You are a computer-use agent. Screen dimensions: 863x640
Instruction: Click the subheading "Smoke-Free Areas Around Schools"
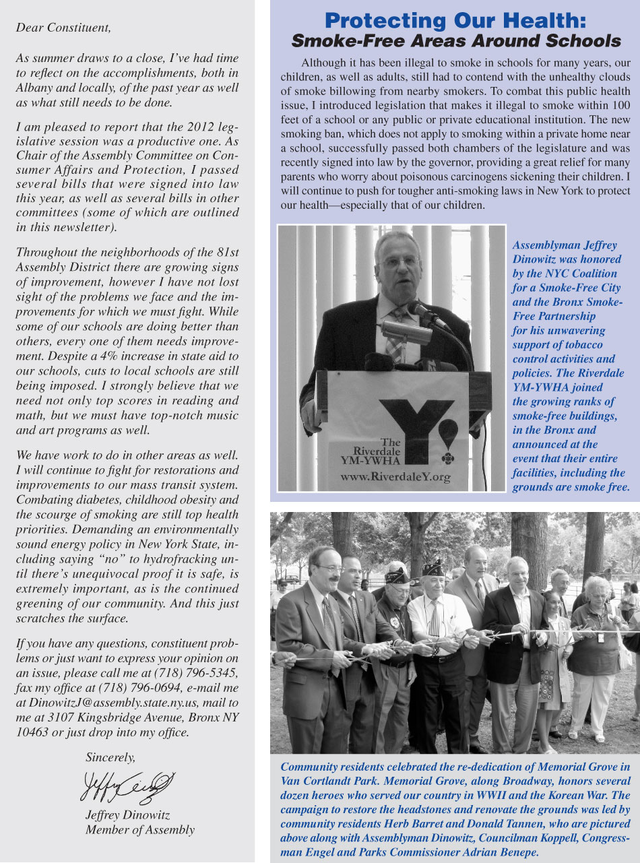tap(455, 40)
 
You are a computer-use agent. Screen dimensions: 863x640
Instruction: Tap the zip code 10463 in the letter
tap(31, 732)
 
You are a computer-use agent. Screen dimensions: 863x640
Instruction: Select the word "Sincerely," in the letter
tap(110, 757)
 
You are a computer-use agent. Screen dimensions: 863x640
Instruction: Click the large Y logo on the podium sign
tap(408, 424)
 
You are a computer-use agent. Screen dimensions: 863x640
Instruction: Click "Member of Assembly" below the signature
tap(139, 830)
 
